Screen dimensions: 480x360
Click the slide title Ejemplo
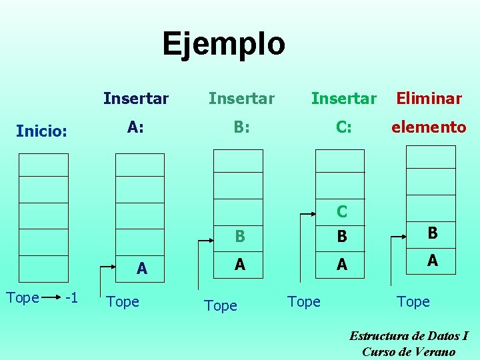click(223, 44)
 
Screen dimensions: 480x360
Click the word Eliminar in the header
click(429, 99)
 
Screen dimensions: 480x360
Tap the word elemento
click(429, 127)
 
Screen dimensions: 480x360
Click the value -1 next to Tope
click(72, 297)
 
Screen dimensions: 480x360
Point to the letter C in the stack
click(341, 211)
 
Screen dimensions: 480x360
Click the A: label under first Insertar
click(135, 127)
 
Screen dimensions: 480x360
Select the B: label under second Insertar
click(241, 127)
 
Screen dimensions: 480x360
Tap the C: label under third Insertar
click(343, 127)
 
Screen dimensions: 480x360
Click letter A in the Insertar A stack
click(141, 269)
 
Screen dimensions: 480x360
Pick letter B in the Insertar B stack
click(240, 236)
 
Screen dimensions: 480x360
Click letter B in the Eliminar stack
click(432, 233)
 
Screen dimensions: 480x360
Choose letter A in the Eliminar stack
click(432, 261)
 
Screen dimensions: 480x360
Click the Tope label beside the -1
click(22, 297)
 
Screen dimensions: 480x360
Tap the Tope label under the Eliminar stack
click(413, 301)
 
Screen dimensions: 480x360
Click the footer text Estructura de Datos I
click(409, 336)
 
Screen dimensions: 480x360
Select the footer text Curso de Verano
click(409, 352)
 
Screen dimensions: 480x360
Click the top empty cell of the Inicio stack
click(43, 165)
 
